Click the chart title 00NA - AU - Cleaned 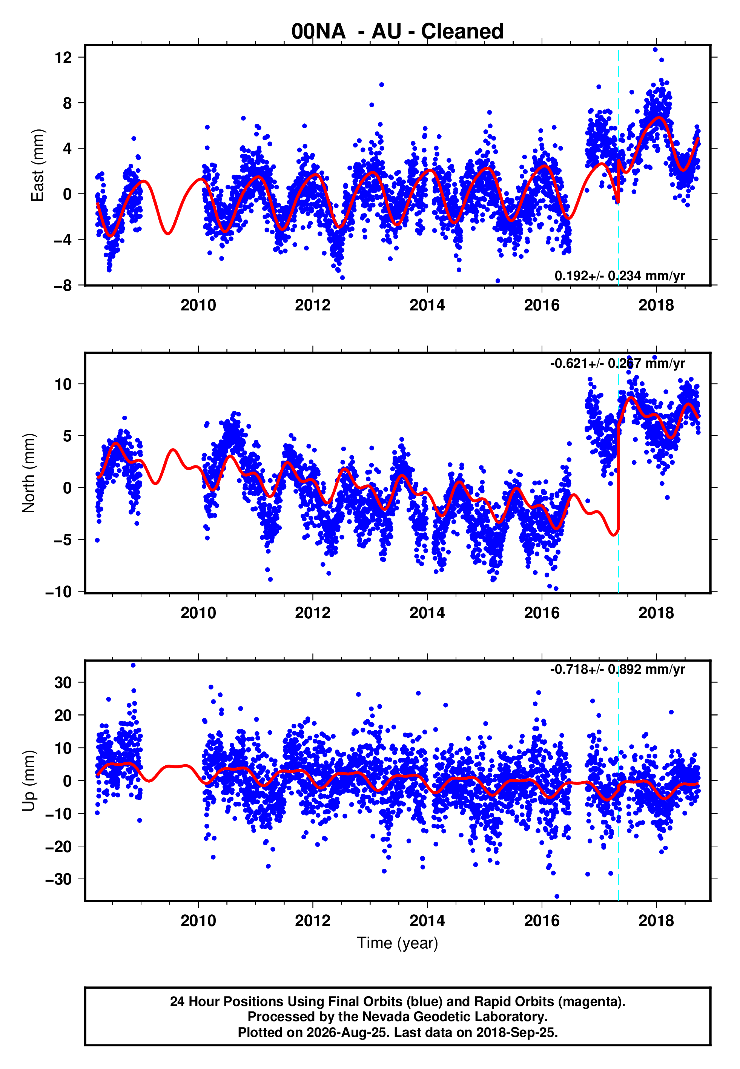pos(398,32)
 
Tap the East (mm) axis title pos(38,166)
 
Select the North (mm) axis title pos(29,473)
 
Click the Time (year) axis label pos(398,943)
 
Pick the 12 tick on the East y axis pos(63,57)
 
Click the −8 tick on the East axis pos(63,286)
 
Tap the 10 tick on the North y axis pos(63,384)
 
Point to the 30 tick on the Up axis pos(63,682)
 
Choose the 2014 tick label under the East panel pos(427,305)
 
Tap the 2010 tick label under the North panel pos(198,613)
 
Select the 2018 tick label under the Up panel pos(656,921)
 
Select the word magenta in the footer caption pos(589,1001)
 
